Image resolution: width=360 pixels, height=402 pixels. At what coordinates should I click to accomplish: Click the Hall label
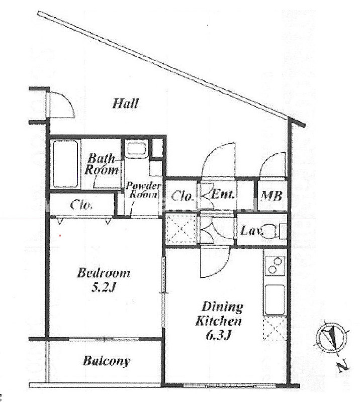pos(126,104)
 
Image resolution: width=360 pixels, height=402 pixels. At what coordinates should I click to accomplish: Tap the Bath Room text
pos(102,164)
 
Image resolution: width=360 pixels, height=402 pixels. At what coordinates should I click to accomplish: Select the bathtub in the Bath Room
pos(65,164)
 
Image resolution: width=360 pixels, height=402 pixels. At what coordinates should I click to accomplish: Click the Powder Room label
pos(143,190)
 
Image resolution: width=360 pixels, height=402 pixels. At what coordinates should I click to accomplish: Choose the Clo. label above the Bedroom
pos(81,205)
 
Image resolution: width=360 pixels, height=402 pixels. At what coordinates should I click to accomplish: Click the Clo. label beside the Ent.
pos(182,196)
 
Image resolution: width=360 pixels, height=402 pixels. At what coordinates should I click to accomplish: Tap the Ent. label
pos(222,194)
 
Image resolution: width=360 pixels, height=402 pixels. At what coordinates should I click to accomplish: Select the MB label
pos(272,196)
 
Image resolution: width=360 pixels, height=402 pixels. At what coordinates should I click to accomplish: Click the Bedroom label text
pos(104,273)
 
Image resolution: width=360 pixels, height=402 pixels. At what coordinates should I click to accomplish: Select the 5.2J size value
pos(104,288)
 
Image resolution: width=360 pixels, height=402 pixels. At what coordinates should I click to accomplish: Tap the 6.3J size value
pos(218,334)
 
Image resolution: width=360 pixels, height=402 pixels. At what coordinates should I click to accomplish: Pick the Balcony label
pos(106,361)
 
